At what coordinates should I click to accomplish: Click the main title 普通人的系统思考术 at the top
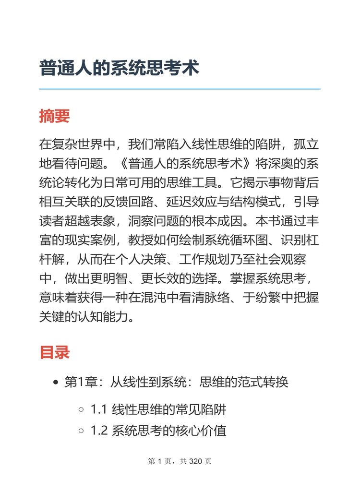[x=119, y=68]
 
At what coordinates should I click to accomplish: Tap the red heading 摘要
[x=54, y=116]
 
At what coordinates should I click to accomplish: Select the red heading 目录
[x=54, y=352]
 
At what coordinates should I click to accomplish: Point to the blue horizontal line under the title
[x=180, y=89]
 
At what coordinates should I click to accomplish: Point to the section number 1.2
[x=98, y=431]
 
